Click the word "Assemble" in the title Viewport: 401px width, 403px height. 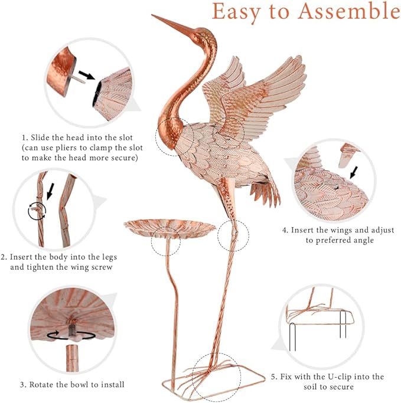click(x=341, y=12)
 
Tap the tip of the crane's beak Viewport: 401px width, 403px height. click(x=153, y=15)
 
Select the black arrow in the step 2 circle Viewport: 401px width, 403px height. click(x=50, y=191)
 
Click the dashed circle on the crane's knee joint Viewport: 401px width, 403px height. click(x=233, y=237)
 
